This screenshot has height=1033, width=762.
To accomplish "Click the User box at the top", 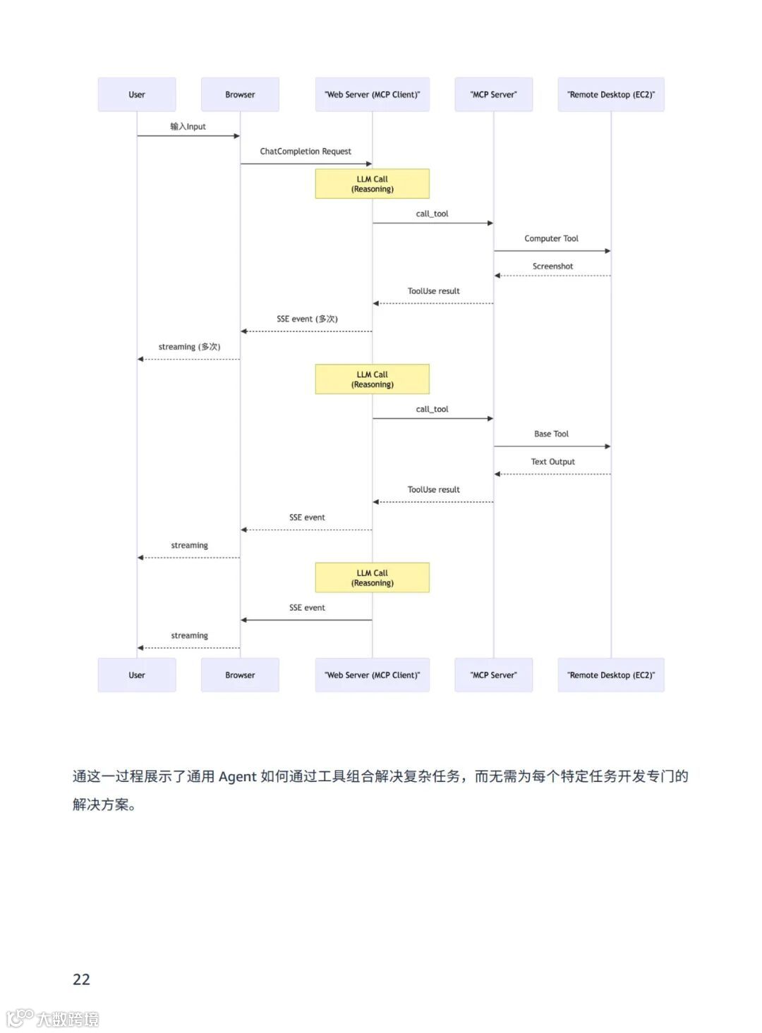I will (x=137, y=94).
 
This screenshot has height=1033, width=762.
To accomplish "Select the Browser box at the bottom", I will (x=240, y=675).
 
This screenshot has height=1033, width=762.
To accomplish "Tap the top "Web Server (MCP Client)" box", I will (x=372, y=94).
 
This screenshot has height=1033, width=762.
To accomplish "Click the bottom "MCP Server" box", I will (x=493, y=675).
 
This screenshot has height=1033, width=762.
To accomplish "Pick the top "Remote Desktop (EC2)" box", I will (x=610, y=94).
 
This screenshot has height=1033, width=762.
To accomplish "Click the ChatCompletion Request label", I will (x=306, y=152).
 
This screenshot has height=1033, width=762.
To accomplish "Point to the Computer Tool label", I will (x=551, y=239).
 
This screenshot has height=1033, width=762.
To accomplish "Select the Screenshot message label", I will (x=552, y=267).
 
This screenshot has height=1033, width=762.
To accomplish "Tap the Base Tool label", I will (x=551, y=434).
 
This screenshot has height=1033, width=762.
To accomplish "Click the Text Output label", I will (x=552, y=462).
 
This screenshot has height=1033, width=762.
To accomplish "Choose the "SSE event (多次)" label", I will (x=307, y=319).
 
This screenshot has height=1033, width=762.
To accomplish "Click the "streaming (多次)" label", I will (x=189, y=347).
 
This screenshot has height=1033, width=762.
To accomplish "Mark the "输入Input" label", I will (x=188, y=127).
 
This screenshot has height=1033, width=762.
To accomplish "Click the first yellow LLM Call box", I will (x=372, y=184).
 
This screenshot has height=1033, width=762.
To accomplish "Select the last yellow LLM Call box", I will (x=372, y=578).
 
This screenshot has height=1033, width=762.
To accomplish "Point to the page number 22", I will (x=81, y=979).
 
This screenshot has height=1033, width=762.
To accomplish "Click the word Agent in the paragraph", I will (x=237, y=777).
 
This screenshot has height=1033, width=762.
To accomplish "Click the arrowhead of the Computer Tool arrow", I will (x=607, y=251).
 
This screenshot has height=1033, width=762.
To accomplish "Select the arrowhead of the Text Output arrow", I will (x=497, y=475).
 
